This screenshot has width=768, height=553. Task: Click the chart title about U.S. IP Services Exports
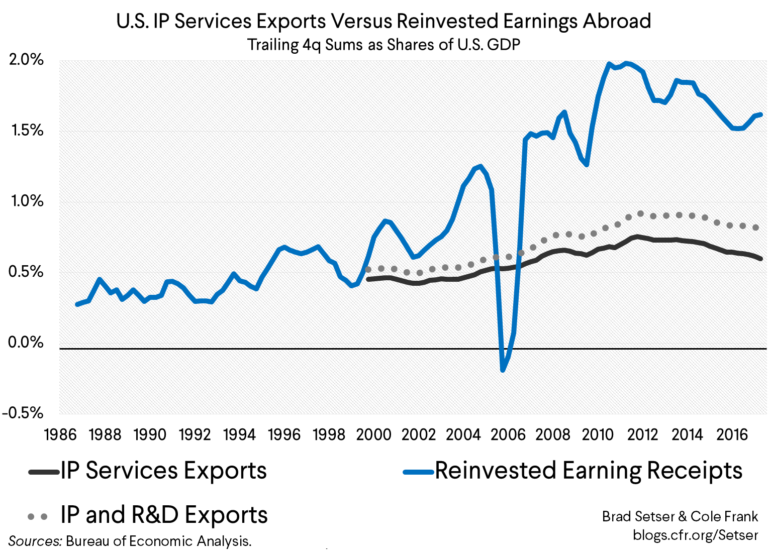(383, 22)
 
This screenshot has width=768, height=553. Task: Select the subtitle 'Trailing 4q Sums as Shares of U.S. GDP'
(383, 45)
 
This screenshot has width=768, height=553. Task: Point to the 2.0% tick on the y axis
(27, 60)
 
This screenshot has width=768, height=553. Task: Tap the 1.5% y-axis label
(27, 131)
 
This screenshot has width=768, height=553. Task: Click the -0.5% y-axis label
(23, 413)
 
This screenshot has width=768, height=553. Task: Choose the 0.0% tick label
(27, 343)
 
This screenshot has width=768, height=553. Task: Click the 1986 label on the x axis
(60, 434)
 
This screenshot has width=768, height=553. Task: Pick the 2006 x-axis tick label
(508, 434)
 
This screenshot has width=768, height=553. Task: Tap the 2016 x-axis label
(732, 434)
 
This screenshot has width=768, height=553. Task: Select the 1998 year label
(329, 434)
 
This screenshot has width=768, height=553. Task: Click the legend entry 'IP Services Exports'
(163, 471)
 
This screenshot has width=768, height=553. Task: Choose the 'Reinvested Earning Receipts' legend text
(589, 471)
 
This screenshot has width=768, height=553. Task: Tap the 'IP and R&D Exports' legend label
(164, 515)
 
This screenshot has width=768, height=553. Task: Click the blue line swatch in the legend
(418, 472)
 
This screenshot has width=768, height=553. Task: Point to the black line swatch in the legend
(44, 472)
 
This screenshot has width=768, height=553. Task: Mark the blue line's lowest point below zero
(502, 370)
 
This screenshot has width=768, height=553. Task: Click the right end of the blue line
(761, 115)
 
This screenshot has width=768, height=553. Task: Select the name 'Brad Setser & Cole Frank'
(680, 516)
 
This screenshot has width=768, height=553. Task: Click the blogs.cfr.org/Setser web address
(695, 535)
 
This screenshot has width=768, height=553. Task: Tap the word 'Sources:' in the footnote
(35, 541)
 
